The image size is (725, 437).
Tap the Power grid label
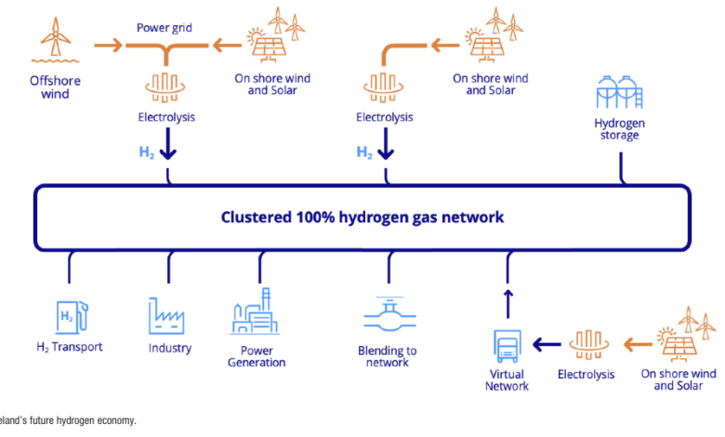point(164,27)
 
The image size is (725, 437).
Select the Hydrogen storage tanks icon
point(618,94)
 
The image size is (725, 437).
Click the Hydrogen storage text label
point(618,128)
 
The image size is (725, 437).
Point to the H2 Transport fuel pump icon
point(69,316)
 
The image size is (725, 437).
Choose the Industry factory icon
point(169,316)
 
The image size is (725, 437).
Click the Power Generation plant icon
point(257,312)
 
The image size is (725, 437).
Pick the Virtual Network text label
point(507,379)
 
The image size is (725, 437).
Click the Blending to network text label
point(387,356)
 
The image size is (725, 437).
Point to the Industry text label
point(169,348)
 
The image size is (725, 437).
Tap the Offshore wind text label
point(55,87)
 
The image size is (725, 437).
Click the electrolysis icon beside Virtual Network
point(586,344)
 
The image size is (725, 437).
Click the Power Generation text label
point(257,356)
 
